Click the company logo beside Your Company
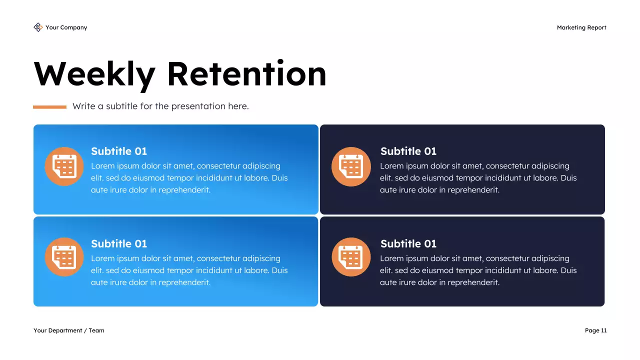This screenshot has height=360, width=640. click(x=38, y=27)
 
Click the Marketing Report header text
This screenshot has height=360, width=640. click(x=581, y=27)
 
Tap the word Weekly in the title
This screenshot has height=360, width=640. click(x=94, y=74)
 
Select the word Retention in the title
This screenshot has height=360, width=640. click(x=246, y=74)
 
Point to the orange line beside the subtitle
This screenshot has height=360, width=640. click(x=49, y=107)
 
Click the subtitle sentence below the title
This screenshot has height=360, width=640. click(x=160, y=106)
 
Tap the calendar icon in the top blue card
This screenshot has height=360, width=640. click(x=64, y=166)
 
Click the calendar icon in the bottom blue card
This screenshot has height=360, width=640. click(x=64, y=257)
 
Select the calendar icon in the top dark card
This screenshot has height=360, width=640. click(x=351, y=166)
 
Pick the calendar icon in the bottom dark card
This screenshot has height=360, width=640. click(x=351, y=257)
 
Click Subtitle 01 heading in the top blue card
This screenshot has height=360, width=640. click(x=119, y=151)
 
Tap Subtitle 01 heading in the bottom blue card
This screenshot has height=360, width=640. click(x=119, y=243)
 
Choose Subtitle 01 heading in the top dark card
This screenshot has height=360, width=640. click(x=408, y=151)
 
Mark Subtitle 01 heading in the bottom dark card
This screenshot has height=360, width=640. click(x=408, y=243)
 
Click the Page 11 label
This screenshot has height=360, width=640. click(x=595, y=330)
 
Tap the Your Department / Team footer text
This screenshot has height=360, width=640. click(x=69, y=330)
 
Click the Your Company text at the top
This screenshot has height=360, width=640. click(x=66, y=27)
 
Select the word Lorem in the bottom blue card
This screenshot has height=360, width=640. click(x=102, y=258)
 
